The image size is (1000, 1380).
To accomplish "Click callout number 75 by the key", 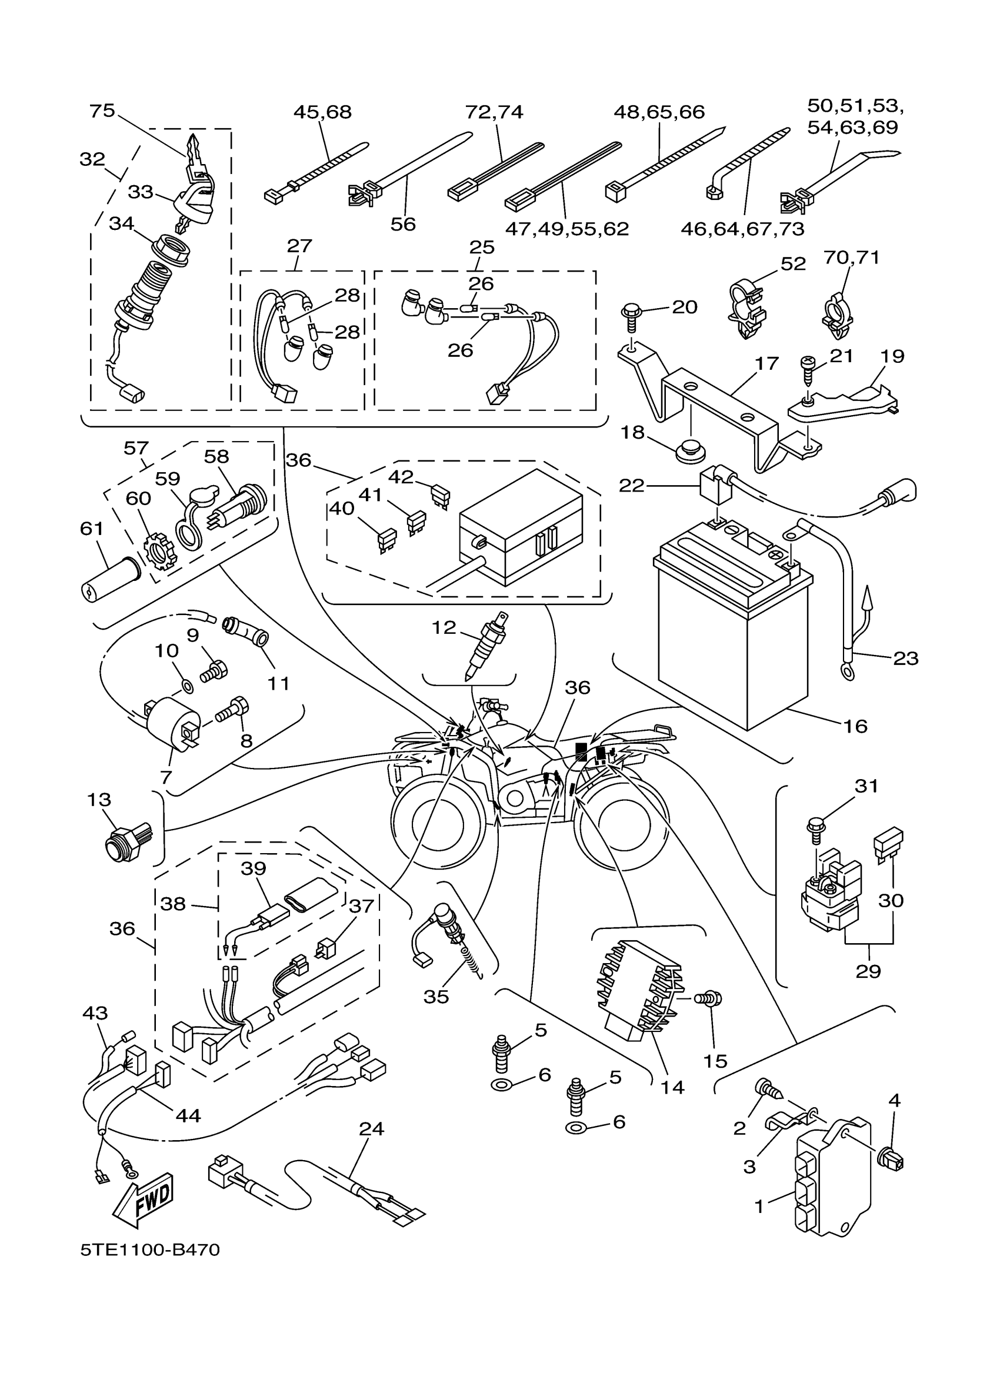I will (102, 111).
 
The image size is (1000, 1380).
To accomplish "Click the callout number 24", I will (371, 1129).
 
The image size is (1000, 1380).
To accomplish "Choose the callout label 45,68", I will (322, 112).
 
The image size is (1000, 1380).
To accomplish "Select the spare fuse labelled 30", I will (888, 842).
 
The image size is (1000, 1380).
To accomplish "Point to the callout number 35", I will (436, 997).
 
